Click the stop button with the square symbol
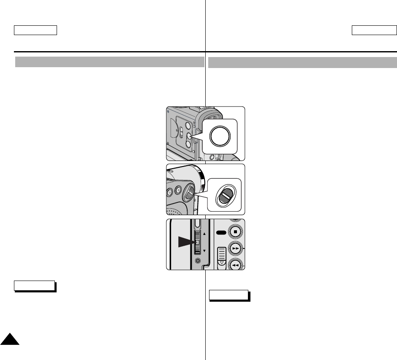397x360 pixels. click(x=235, y=232)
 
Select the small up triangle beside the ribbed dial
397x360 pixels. click(x=205, y=233)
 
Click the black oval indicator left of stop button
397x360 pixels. click(x=221, y=232)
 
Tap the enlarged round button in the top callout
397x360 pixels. click(x=221, y=136)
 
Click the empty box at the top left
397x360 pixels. click(x=35, y=30)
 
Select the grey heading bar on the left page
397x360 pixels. click(x=109, y=62)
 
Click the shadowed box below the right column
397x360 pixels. click(x=229, y=295)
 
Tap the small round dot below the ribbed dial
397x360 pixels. click(x=198, y=261)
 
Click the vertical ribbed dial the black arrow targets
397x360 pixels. click(x=197, y=242)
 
